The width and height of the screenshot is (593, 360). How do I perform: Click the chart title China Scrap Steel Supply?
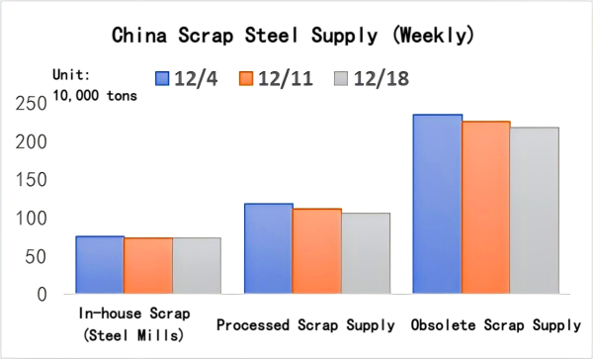click(296, 37)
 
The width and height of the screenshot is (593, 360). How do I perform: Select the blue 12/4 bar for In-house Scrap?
click(100, 264)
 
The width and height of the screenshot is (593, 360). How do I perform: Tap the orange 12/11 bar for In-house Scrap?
click(148, 265)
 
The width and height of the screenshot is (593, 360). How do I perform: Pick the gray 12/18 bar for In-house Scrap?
click(196, 265)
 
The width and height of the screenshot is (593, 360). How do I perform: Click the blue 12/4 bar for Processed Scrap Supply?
click(269, 248)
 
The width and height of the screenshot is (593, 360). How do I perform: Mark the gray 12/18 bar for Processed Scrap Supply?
click(366, 253)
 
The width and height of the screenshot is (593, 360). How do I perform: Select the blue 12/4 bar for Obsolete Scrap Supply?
click(438, 204)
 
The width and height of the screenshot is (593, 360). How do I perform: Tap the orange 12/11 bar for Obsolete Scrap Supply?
click(486, 208)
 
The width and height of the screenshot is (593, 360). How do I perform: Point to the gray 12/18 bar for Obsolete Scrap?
click(535, 210)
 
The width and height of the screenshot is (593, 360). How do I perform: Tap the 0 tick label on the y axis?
click(42, 294)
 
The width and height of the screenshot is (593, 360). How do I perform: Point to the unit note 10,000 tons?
click(96, 95)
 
